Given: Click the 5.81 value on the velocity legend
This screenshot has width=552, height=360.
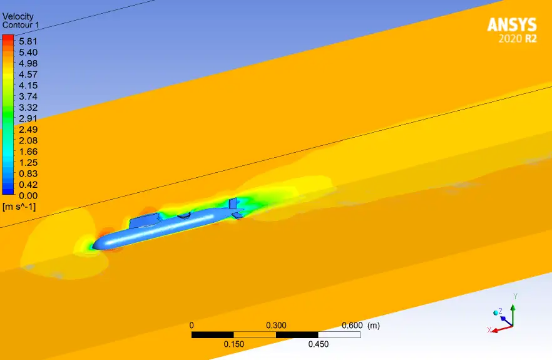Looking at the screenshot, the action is pos(28,41).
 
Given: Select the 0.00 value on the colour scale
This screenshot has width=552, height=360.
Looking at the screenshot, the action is pos(28,195).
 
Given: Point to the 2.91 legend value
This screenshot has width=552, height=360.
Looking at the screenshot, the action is pos(28,118).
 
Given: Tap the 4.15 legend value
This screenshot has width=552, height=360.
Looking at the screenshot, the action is pos(28,85).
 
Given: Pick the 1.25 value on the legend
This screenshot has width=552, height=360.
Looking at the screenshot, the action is pos(28,162).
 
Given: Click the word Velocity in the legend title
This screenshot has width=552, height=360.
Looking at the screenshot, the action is pos(18,16).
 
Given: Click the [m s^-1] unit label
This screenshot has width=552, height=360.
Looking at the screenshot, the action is pos(19,207).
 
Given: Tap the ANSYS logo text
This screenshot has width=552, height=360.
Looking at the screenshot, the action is pos(512,25).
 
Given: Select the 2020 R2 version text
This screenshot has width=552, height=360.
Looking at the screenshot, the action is pos(518,38).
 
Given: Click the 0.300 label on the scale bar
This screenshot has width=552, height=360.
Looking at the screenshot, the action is pos(276,325).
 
